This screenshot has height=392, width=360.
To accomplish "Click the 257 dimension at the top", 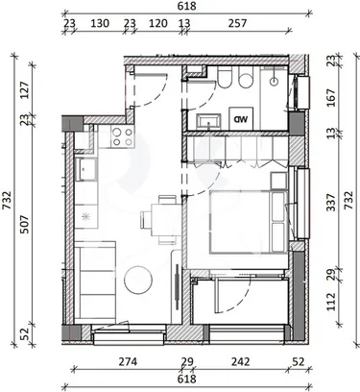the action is coord(237,23).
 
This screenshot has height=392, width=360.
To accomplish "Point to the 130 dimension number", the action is coord(100,23).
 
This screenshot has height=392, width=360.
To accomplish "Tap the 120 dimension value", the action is coord(158,23).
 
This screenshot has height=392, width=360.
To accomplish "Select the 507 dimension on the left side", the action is coord(24,224).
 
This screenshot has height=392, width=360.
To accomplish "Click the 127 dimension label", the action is coord(24,90).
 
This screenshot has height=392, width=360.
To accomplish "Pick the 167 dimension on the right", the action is coord(331,98).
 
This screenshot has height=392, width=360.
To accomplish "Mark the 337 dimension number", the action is coord(331,202).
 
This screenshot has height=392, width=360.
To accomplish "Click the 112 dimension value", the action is coord(331,302).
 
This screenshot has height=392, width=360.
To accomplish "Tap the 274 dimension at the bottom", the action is coord(128,362).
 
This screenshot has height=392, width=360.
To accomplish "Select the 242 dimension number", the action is coord(240,362).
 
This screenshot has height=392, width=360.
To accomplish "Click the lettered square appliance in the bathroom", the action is coord(241,119).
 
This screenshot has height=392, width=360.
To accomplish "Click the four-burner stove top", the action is coord(122,136).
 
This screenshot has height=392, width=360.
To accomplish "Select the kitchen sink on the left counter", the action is coord(85,169).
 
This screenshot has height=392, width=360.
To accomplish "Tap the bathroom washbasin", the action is coord(209,121).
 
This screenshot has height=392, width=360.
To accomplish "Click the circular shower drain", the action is coord(275,82).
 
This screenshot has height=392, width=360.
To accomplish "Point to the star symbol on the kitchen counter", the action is coord(85,216).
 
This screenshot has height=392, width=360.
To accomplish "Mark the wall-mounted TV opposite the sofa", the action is coord(177,286).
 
